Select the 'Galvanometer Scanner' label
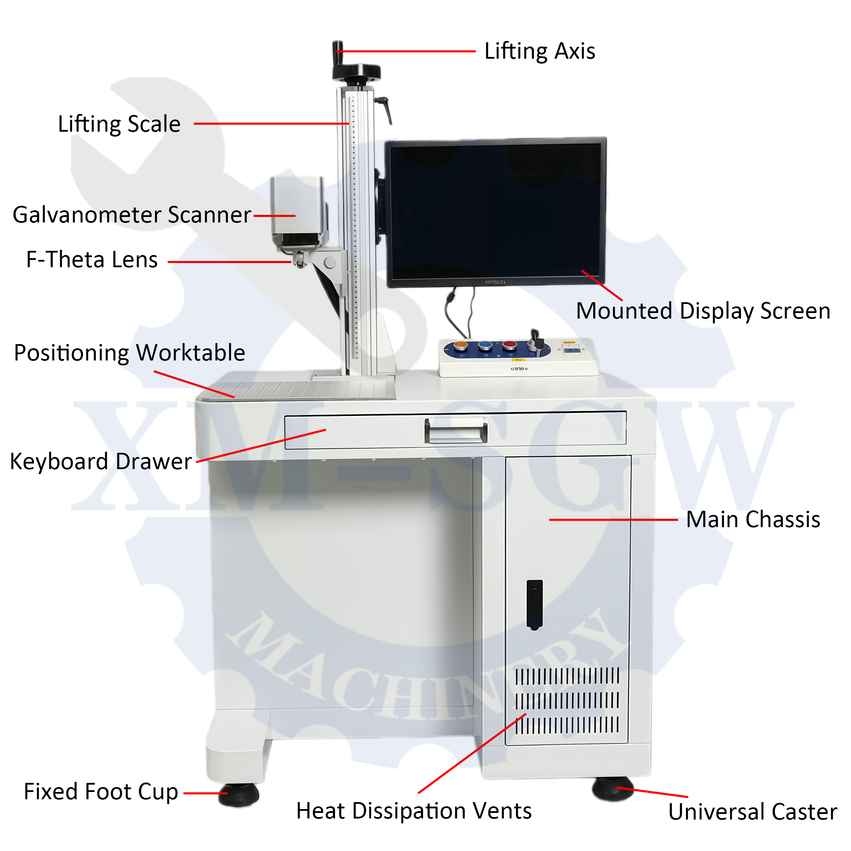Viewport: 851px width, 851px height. (x=132, y=216)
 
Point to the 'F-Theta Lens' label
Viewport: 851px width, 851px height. (x=92, y=260)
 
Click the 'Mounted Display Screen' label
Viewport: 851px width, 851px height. (x=703, y=311)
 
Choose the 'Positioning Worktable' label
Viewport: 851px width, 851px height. (x=130, y=353)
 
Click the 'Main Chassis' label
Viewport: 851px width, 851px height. (x=753, y=520)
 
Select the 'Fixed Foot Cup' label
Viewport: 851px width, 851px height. (x=101, y=792)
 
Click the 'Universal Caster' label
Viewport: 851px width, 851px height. (x=752, y=812)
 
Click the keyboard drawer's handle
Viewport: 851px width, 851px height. (x=456, y=431)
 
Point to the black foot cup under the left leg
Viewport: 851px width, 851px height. (x=238, y=795)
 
